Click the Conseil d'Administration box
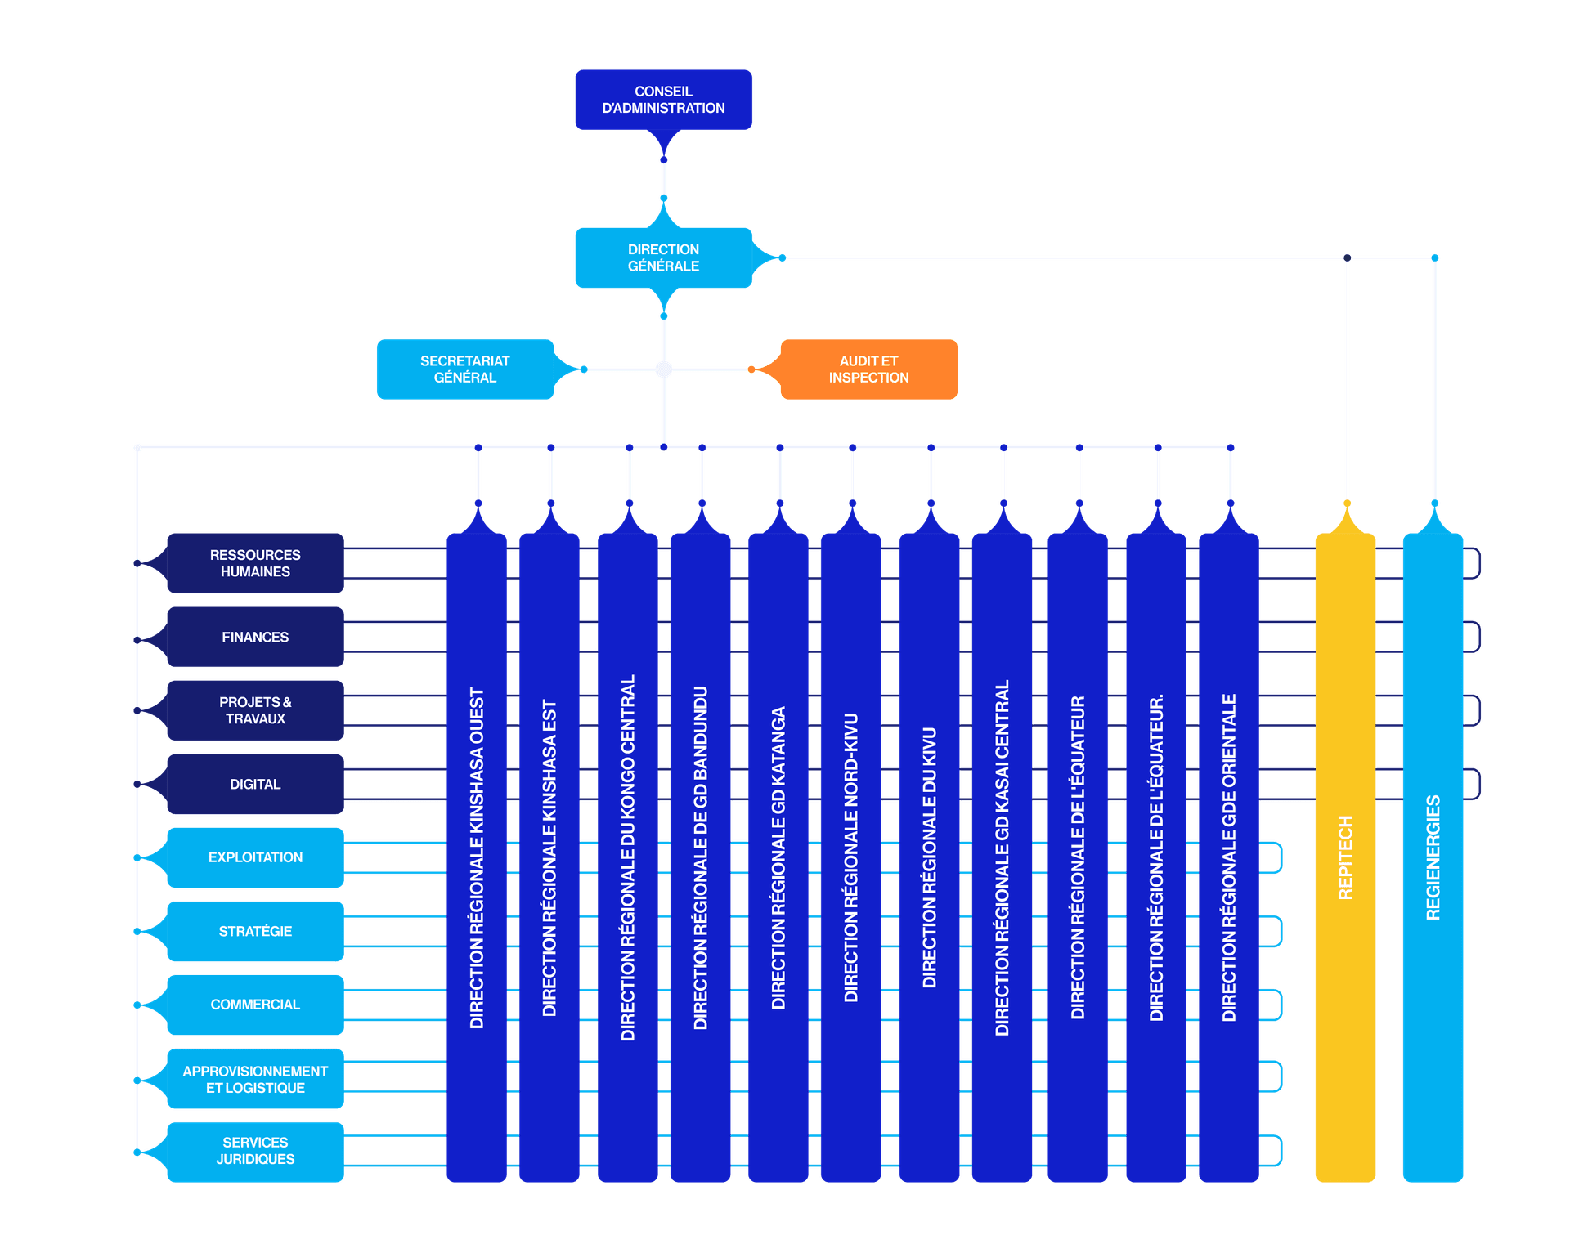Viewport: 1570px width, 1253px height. (663, 100)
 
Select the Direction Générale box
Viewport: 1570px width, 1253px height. (663, 257)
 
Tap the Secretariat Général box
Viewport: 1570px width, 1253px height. (464, 369)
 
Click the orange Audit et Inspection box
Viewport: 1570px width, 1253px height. (868, 369)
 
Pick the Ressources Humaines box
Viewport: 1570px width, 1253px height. (255, 563)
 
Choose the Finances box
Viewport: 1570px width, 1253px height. (255, 637)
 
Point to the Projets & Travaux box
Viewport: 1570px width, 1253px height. (255, 710)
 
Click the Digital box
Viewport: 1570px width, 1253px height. (255, 784)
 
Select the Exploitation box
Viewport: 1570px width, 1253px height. (255, 857)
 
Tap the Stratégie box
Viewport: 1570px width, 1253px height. (255, 931)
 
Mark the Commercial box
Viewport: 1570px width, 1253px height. (255, 1005)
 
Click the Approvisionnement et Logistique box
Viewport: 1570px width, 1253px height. (255, 1079)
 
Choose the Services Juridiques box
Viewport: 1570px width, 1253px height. (255, 1151)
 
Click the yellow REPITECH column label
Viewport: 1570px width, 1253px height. (1345, 857)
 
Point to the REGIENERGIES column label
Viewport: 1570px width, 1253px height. (1433, 857)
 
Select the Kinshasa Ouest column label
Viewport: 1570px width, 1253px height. (477, 857)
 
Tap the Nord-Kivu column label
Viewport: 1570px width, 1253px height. (851, 857)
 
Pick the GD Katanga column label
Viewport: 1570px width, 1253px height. (778, 857)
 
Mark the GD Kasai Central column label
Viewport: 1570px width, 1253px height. (1003, 857)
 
